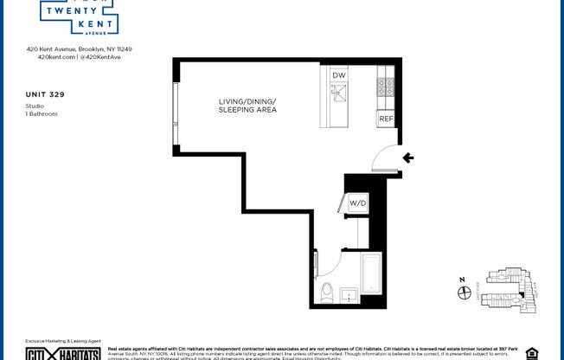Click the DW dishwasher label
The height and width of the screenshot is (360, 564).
click(339, 75)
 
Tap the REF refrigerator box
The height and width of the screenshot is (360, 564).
click(386, 119)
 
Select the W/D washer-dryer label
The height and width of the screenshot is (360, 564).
click(357, 203)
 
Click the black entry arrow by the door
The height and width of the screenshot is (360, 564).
click(408, 158)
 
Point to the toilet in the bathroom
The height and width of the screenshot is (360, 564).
click(327, 291)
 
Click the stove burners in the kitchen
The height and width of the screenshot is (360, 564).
click(385, 87)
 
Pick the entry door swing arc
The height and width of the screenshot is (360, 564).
click(381, 158)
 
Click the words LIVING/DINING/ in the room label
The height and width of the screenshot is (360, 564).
click(247, 102)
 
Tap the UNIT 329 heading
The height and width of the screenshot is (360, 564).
click(45, 93)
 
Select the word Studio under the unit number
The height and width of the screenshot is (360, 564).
click(35, 106)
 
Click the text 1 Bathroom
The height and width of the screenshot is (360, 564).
click(42, 113)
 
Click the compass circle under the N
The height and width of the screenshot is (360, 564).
click(464, 293)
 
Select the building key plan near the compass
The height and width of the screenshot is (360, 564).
click(509, 290)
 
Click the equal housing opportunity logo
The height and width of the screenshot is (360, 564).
click(531, 353)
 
